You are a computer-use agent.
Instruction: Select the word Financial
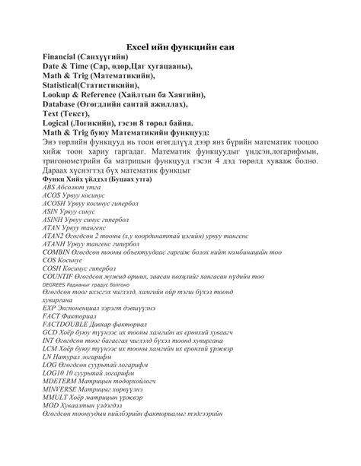(x=64, y=58)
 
